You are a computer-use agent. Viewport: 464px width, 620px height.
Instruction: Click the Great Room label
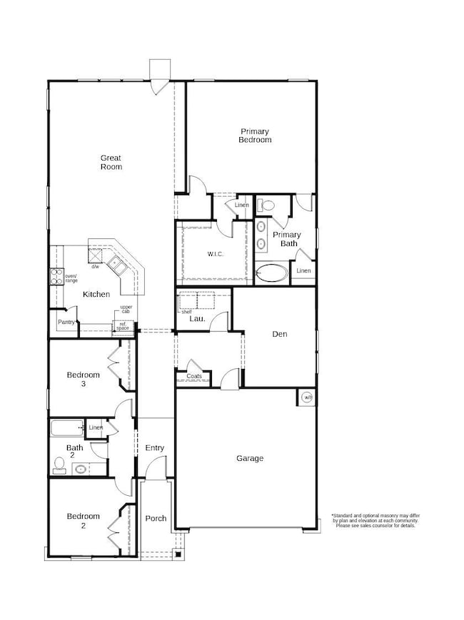pos(111,162)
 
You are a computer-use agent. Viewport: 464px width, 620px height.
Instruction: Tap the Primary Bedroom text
pos(255,136)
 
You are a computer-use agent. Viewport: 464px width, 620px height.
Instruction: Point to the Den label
pos(279,333)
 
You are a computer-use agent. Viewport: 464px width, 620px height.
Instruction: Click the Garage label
pos(250,458)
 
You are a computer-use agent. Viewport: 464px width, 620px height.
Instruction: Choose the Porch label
pos(156,518)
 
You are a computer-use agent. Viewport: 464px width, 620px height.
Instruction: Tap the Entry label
pos(155,448)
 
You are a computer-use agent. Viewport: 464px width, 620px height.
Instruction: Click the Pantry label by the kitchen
pos(66,322)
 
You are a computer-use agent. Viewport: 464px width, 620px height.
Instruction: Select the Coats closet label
pos(194,376)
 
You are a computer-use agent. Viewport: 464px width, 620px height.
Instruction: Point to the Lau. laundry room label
pos(197,319)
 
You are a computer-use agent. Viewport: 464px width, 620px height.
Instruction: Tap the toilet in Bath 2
pos(60,468)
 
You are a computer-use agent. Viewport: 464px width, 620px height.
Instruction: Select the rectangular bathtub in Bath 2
pos(67,428)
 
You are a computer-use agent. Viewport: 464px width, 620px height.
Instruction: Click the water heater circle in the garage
pos(306,397)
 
